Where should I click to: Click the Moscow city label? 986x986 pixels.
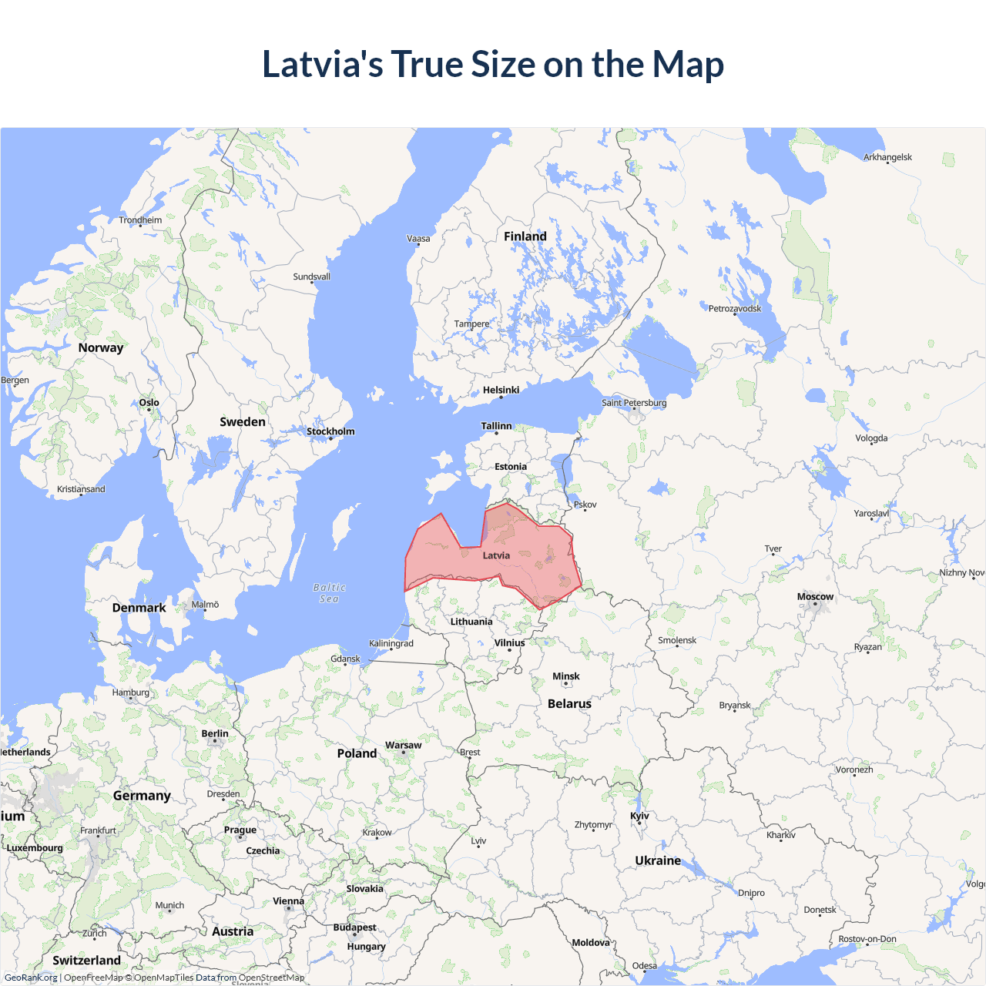coord(815,597)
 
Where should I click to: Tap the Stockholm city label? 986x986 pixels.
coord(330,431)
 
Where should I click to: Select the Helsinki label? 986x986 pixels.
coord(501,391)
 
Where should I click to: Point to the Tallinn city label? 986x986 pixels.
coord(496,426)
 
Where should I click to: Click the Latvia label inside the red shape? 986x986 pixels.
coord(496,555)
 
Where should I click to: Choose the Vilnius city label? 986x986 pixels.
coord(509,643)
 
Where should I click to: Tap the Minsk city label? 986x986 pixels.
coord(565,676)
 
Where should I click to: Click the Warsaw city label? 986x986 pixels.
coord(403,746)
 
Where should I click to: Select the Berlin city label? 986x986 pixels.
coord(215,734)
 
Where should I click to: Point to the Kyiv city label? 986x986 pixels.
coord(639,817)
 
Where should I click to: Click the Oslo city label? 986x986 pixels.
coord(149,403)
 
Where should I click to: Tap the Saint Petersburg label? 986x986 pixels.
coord(634,403)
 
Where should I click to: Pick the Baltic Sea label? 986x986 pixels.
coord(329,593)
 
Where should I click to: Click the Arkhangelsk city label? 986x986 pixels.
coord(887,157)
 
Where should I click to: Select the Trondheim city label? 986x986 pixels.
coord(140,220)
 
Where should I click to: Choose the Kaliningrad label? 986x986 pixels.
coord(391,644)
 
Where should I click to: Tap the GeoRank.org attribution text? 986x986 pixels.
coord(31,978)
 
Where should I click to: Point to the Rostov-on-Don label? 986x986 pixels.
coord(867,939)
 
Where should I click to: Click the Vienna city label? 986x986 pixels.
coord(288,901)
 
